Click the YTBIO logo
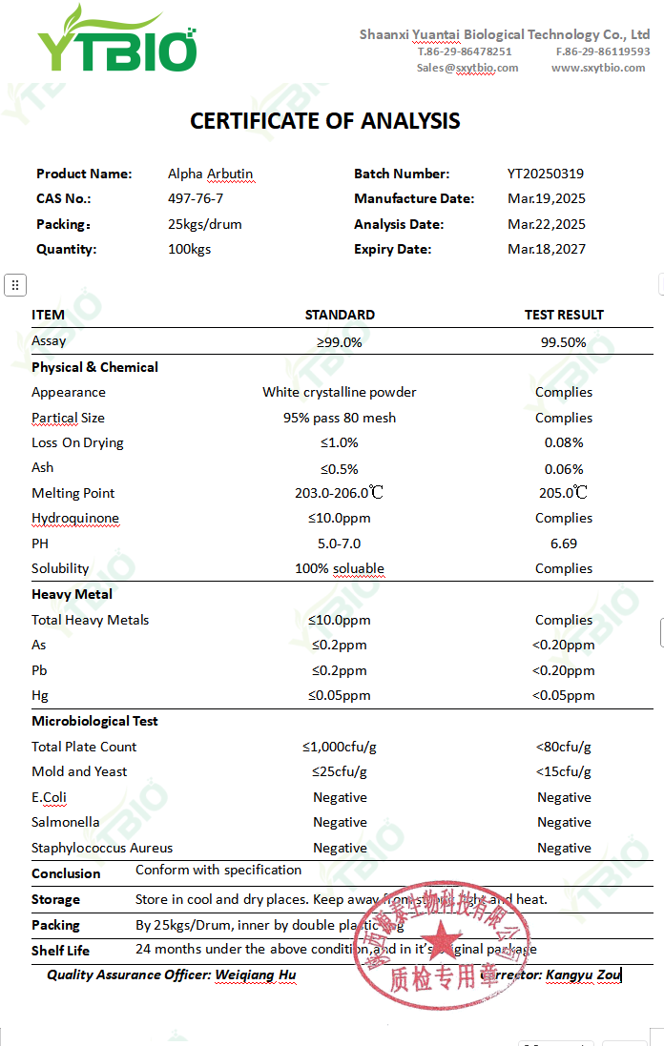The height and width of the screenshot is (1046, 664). coord(116,42)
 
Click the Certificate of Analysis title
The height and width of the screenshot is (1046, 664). coord(325,121)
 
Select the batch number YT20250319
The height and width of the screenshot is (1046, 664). coord(546,174)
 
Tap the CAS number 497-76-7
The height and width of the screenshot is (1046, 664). coord(196,198)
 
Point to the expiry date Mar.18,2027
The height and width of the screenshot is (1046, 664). coord(547,249)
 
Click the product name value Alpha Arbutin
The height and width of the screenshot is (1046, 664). coord(211,174)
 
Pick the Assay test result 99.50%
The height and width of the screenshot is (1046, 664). coord(563,342)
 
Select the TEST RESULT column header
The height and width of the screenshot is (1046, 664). coord(564,315)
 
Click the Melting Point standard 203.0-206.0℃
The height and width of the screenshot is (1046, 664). coord(339,493)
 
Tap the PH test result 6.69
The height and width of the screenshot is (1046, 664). coord(563,544)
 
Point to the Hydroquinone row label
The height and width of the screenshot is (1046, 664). coord(75,518)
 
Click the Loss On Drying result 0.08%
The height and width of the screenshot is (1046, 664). coord(564,442)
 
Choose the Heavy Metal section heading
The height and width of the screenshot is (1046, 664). coord(73,594)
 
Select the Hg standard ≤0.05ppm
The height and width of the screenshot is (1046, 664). coord(339,695)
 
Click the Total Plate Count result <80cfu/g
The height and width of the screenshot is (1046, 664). coord(564,747)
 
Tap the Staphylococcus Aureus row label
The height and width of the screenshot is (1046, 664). coord(102,848)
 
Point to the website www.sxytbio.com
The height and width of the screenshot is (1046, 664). coord(598,68)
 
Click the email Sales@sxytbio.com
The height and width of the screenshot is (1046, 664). coord(467,68)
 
